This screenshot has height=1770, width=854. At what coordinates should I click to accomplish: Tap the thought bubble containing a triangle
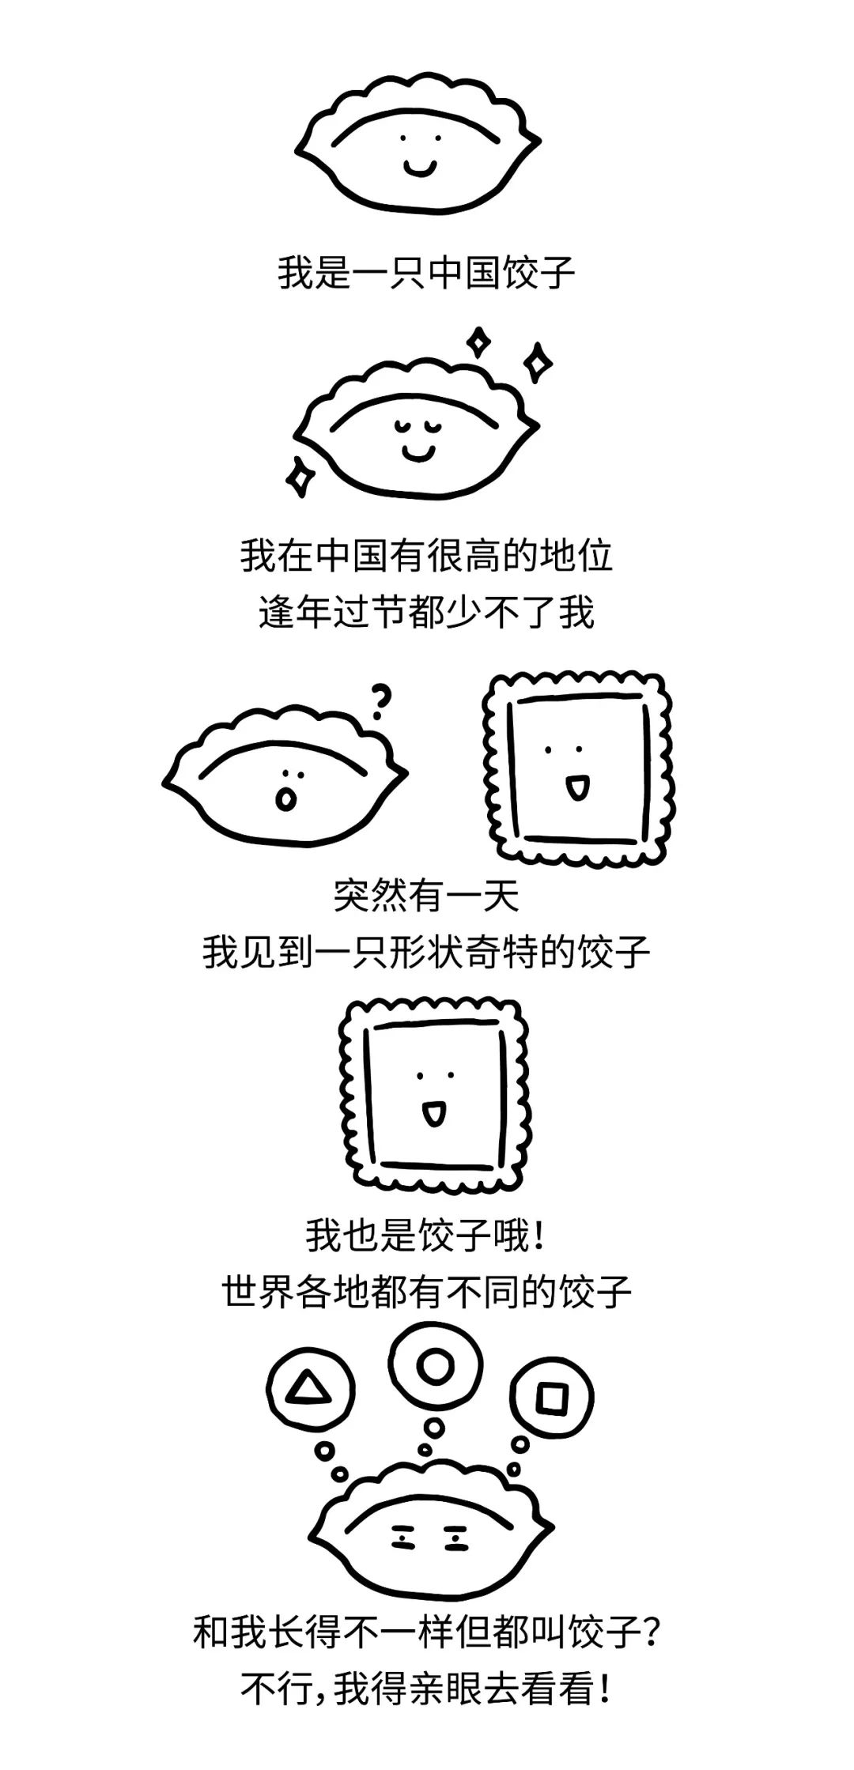point(303,1388)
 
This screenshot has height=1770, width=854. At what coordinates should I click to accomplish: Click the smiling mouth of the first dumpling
point(419,168)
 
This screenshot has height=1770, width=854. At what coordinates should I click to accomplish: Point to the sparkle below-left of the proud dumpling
point(300,476)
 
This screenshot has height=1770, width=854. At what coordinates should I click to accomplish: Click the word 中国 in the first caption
point(465,273)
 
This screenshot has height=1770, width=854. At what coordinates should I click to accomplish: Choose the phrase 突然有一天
point(426,896)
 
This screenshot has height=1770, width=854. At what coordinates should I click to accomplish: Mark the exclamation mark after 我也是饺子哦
point(540,1236)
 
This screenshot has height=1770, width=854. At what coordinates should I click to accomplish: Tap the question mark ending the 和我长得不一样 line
point(650,1632)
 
